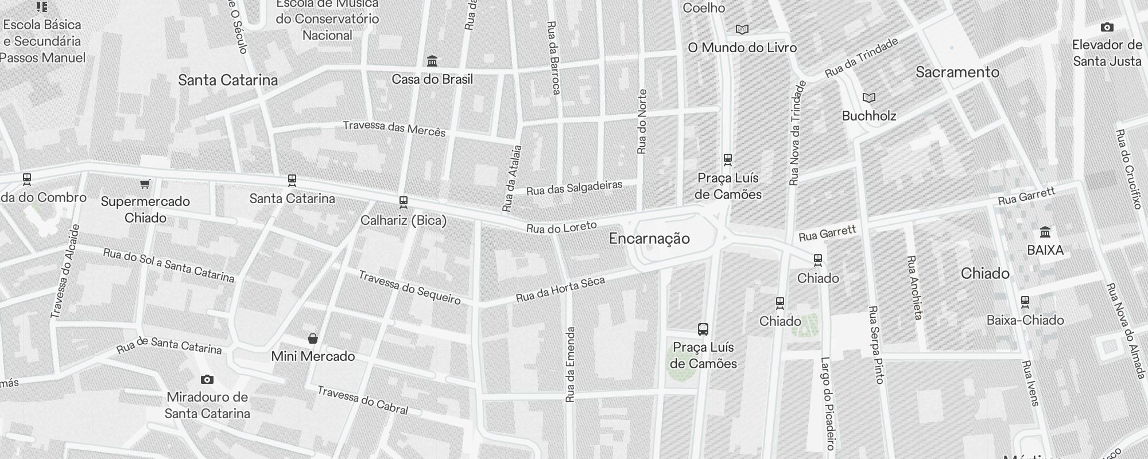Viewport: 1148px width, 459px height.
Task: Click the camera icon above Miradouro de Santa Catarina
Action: pyautogui.click(x=207, y=380)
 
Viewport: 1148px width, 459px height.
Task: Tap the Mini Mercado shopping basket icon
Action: pyautogui.click(x=313, y=339)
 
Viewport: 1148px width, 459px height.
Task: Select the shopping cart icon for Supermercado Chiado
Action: pyautogui.click(x=145, y=184)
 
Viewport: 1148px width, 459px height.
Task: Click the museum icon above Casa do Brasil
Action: pyautogui.click(x=432, y=61)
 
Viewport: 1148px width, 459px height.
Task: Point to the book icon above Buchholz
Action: pyautogui.click(x=869, y=98)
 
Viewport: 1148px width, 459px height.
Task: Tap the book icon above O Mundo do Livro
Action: pyautogui.click(x=742, y=29)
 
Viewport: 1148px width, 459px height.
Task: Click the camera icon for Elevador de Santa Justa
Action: pyautogui.click(x=1107, y=27)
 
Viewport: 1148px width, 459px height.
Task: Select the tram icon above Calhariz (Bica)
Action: pyautogui.click(x=404, y=202)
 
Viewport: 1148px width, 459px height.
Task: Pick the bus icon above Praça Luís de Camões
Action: pyautogui.click(x=703, y=329)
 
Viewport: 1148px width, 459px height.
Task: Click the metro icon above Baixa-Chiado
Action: pyautogui.click(x=1025, y=302)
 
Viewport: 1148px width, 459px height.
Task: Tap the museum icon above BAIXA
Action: pyautogui.click(x=1045, y=232)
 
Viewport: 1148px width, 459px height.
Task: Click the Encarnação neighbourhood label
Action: pyautogui.click(x=649, y=239)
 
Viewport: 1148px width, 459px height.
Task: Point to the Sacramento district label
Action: pyautogui.click(x=957, y=72)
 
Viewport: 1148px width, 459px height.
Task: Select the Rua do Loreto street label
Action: pyautogui.click(x=561, y=227)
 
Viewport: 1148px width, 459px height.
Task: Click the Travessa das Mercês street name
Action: pyautogui.click(x=394, y=128)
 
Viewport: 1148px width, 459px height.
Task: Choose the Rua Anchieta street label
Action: pyautogui.click(x=914, y=287)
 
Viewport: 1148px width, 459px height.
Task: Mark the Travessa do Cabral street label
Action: pyautogui.click(x=362, y=400)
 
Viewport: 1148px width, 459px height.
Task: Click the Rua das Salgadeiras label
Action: pyautogui.click(x=574, y=188)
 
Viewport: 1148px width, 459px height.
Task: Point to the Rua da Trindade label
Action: pyautogui.click(x=861, y=58)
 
